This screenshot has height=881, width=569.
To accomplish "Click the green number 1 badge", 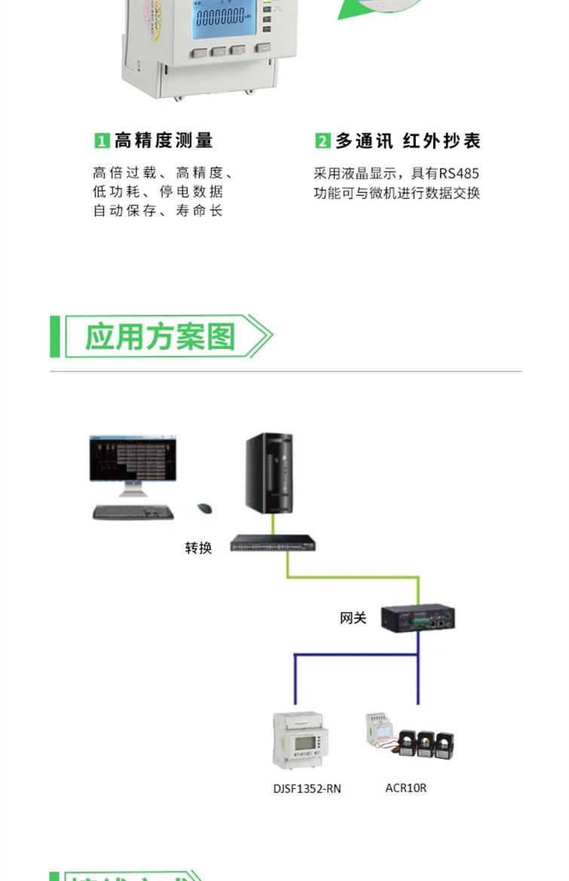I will [x=101, y=141].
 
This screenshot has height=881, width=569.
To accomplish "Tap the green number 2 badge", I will [x=323, y=141].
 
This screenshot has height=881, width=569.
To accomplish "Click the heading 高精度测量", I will [x=164, y=140].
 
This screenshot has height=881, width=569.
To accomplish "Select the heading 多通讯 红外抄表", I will [x=408, y=141].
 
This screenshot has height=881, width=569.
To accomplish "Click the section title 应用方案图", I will [x=160, y=336].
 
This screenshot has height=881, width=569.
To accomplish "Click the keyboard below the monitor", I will [x=133, y=512].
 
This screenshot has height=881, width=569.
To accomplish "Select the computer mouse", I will [x=203, y=509].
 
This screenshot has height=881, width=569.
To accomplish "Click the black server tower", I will [x=268, y=473].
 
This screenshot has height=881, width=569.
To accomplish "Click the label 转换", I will [x=198, y=548].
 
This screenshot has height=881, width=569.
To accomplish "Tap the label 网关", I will [x=353, y=618].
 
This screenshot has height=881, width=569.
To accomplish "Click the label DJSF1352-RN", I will [x=307, y=788].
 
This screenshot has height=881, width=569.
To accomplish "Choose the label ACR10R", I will [x=405, y=788].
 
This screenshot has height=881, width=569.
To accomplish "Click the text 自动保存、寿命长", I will [x=158, y=211].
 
